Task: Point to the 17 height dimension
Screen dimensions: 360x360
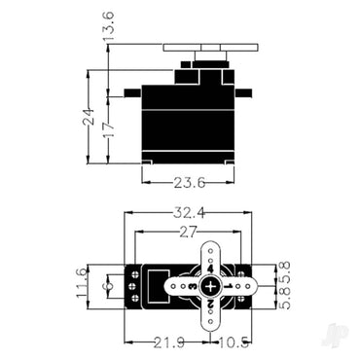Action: click(x=108, y=126)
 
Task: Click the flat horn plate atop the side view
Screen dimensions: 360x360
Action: click(x=208, y=46)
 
